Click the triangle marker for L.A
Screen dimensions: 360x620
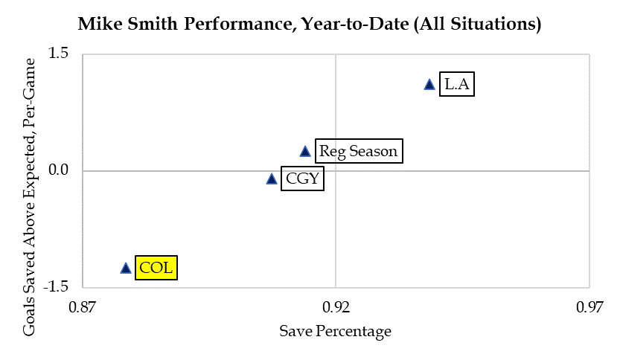(x=429, y=85)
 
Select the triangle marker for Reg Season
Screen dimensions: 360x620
(x=305, y=151)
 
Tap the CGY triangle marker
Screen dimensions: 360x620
(x=272, y=179)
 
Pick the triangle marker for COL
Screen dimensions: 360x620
(x=126, y=268)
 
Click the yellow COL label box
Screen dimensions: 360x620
(x=156, y=267)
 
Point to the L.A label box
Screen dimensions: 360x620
(x=456, y=84)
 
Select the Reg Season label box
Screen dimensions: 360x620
(x=358, y=152)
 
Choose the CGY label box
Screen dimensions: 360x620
(x=302, y=179)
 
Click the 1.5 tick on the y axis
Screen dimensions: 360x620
(x=58, y=54)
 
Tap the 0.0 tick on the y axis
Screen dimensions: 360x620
(x=58, y=171)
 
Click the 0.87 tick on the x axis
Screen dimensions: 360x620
(x=82, y=306)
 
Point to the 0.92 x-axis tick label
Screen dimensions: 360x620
(x=336, y=306)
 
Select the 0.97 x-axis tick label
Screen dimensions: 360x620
(x=589, y=306)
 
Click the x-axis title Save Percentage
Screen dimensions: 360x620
(x=335, y=331)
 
